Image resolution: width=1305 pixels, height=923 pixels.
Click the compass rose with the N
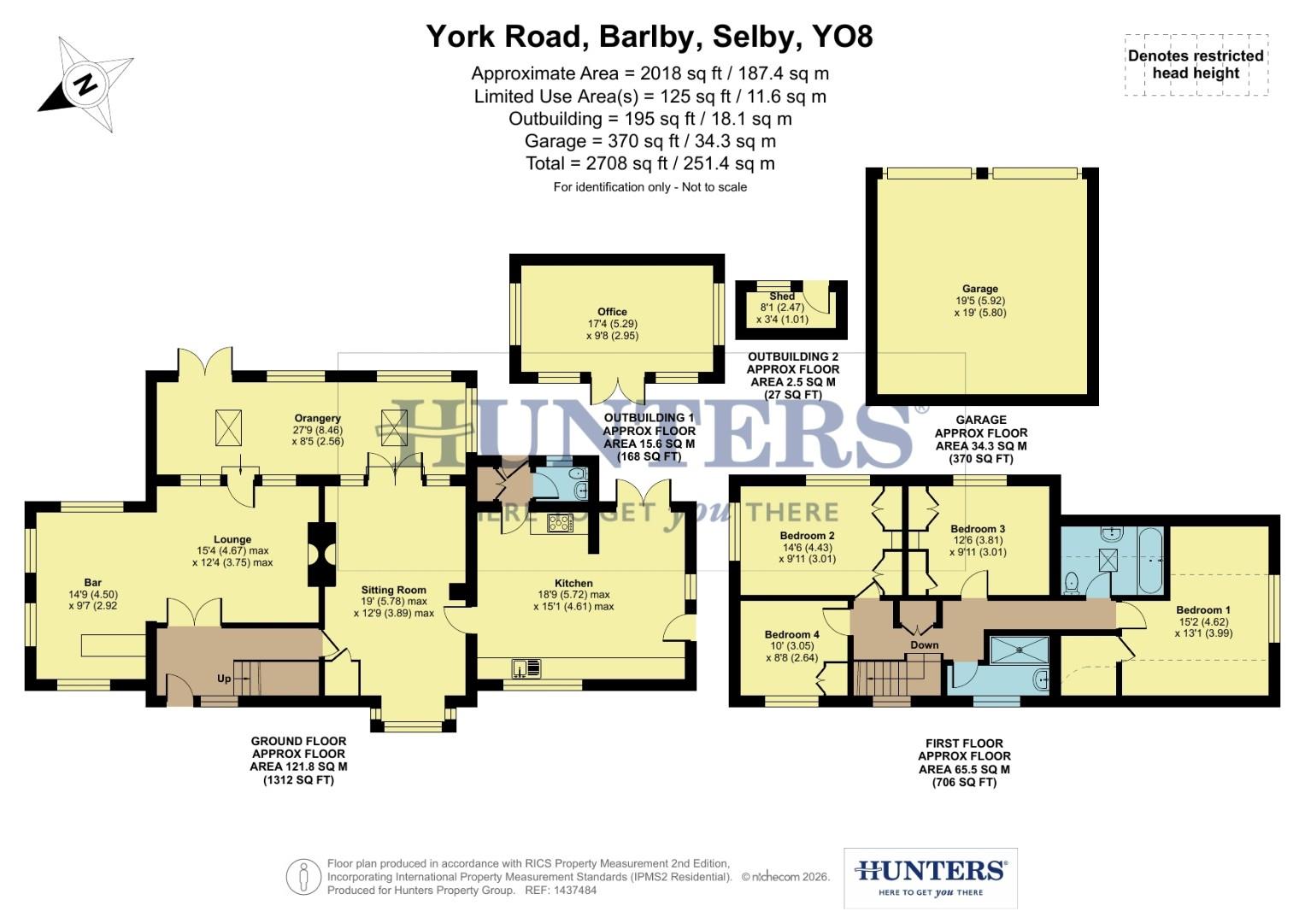click(x=85, y=85)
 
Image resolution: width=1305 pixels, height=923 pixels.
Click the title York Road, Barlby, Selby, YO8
click(x=650, y=37)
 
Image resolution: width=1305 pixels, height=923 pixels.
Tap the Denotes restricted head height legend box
click(x=1196, y=64)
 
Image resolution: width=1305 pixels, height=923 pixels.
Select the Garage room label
click(x=980, y=289)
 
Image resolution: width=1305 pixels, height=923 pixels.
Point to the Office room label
click(x=612, y=312)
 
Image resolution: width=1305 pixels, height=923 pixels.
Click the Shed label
click(x=781, y=297)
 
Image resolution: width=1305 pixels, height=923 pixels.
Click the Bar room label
click(x=92, y=583)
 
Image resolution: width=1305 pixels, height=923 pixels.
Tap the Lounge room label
click(x=232, y=539)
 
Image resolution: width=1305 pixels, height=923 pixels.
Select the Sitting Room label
click(x=393, y=590)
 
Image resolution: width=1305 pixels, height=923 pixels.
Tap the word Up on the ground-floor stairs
click(x=224, y=679)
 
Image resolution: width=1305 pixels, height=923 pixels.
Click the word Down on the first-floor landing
click(x=924, y=645)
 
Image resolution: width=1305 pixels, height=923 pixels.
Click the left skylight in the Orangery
click(x=228, y=426)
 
